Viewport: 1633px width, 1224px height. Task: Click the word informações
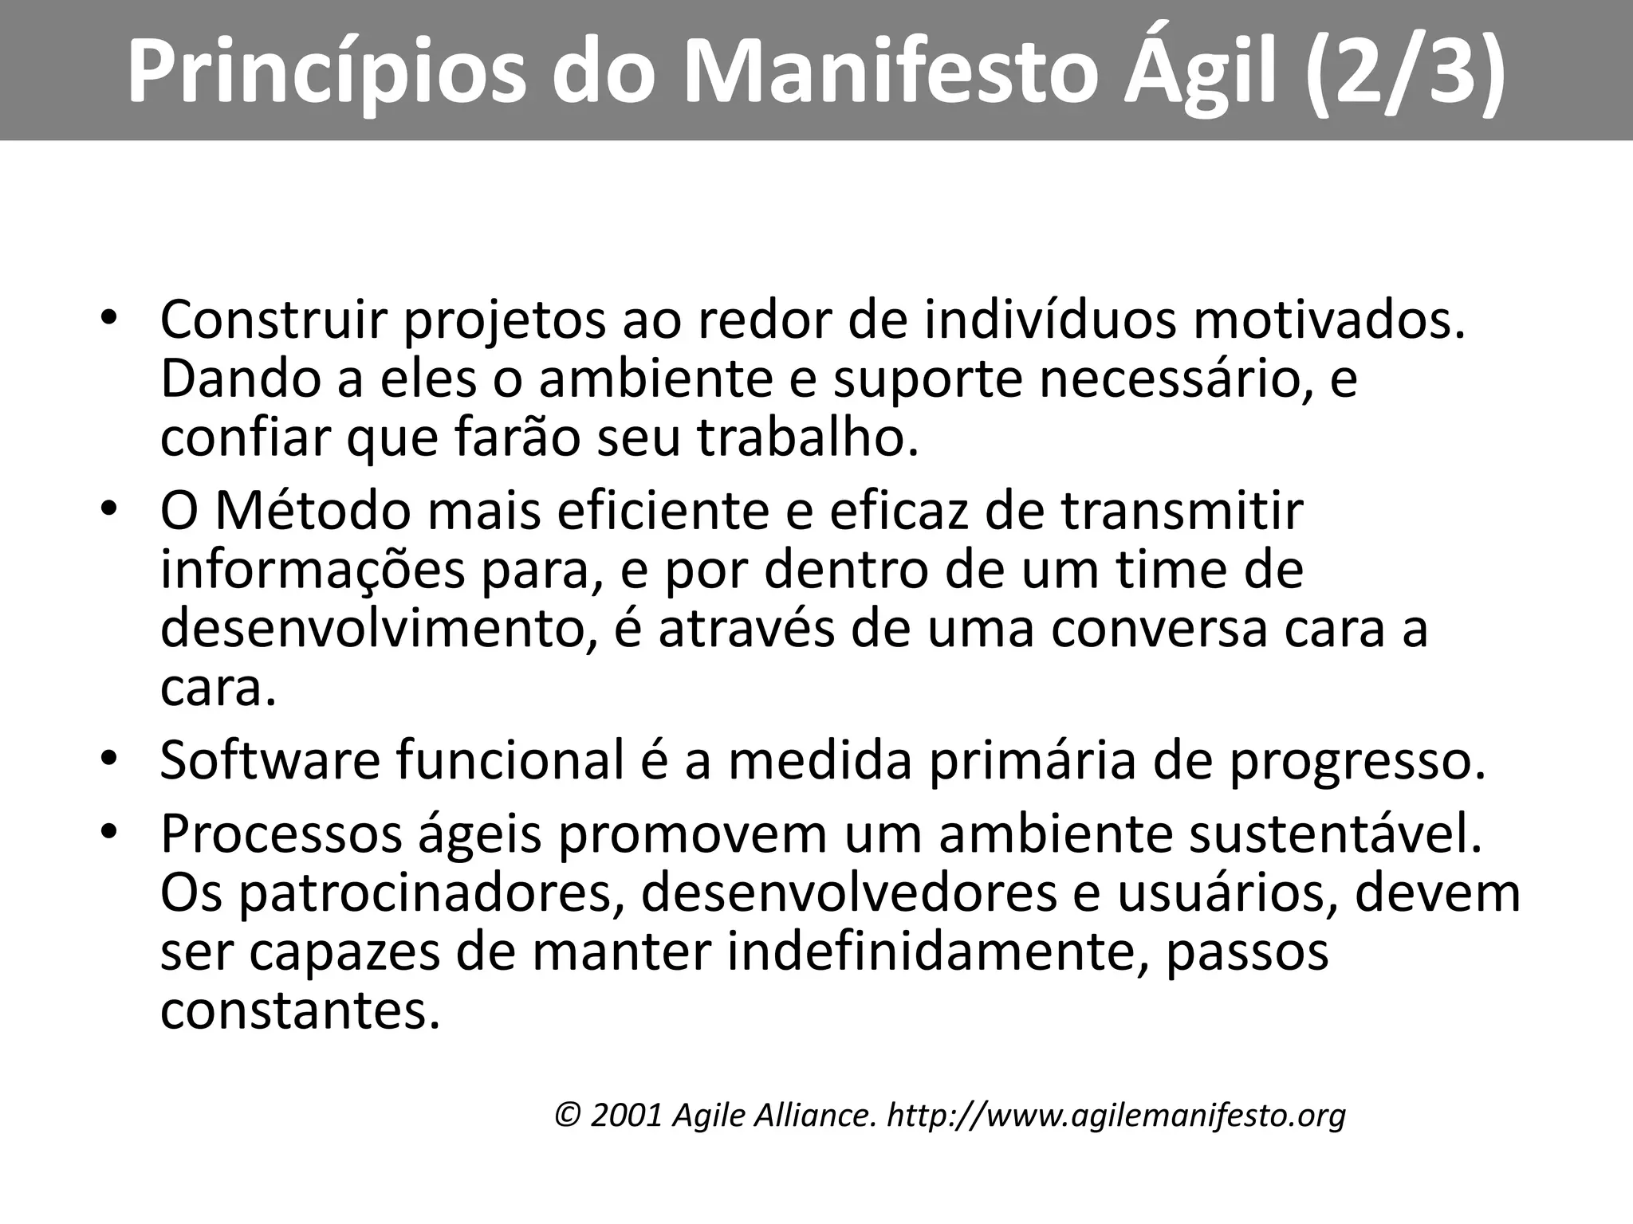(312, 572)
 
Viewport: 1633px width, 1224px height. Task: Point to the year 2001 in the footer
(627, 1116)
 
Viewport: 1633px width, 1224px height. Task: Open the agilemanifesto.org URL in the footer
(1116, 1116)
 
